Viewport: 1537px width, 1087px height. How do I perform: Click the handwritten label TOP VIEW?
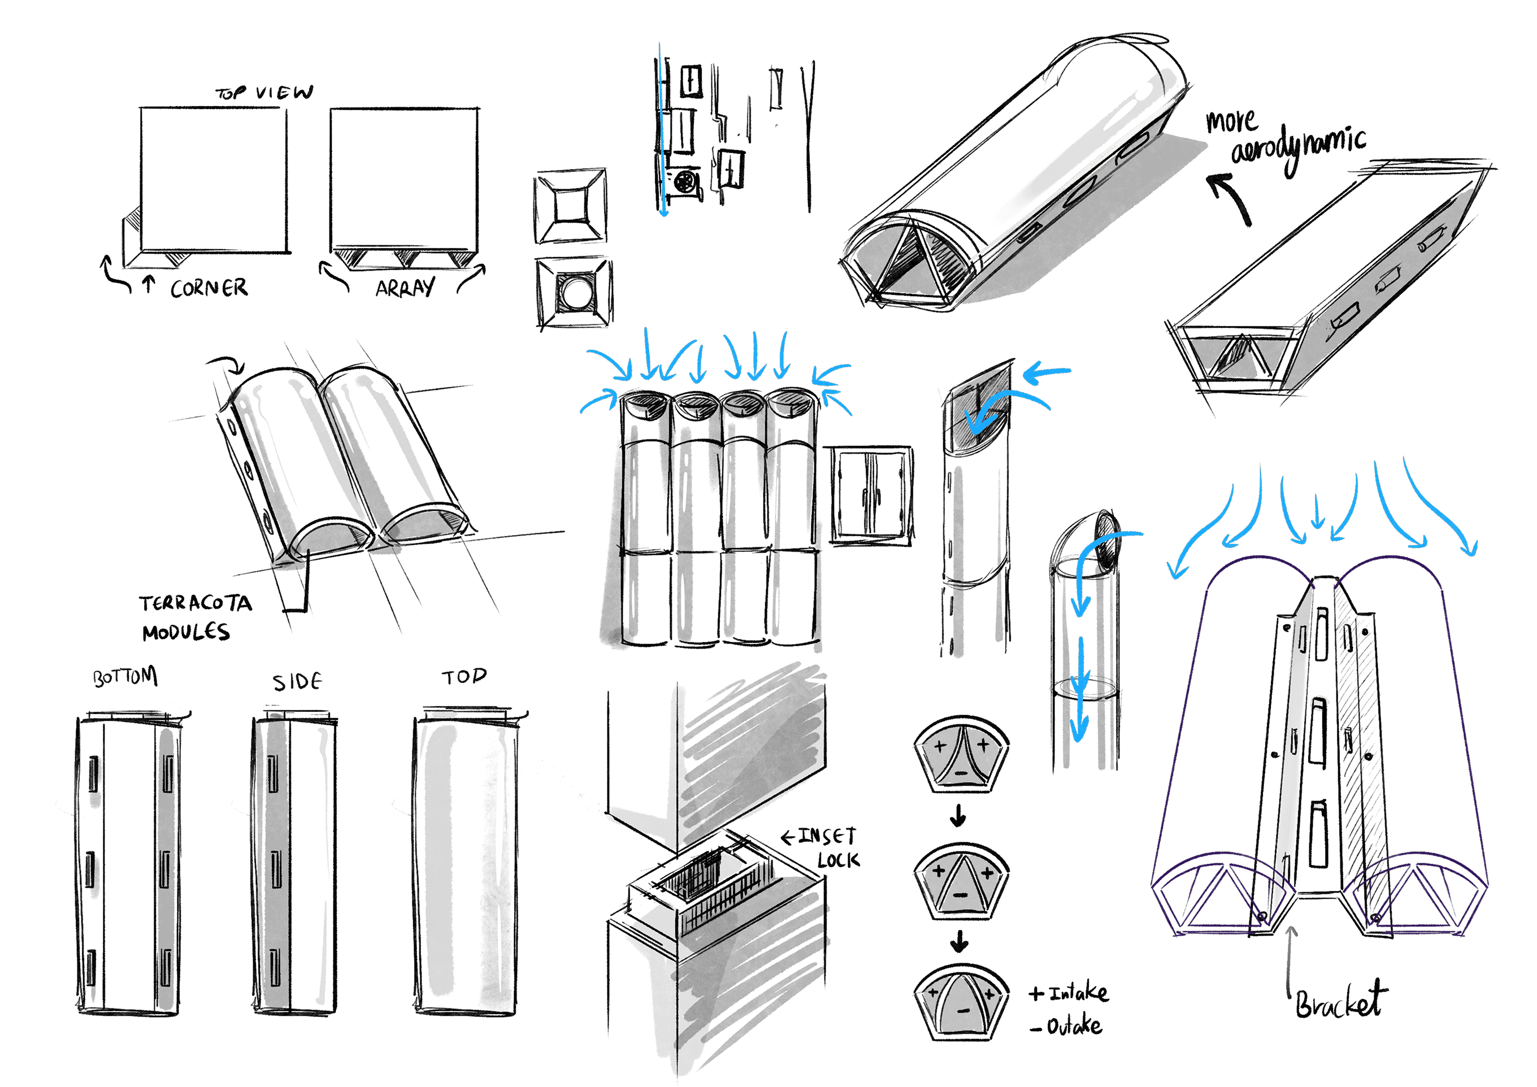tap(264, 92)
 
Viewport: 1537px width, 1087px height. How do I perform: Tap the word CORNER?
tap(209, 289)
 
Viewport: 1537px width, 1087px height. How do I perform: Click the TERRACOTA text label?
tap(196, 604)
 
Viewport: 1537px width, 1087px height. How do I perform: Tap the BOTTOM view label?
tap(125, 677)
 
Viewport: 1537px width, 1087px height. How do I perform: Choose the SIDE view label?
tap(297, 681)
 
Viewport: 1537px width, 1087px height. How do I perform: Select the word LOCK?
tap(838, 860)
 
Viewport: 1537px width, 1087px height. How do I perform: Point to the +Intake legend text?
tap(1069, 993)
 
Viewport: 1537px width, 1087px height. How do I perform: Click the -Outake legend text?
tap(1067, 1026)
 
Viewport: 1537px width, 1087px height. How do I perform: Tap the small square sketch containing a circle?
tap(574, 293)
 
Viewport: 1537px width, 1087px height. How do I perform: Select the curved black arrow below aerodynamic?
tap(1230, 197)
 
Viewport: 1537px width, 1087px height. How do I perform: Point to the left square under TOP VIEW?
tap(214, 180)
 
